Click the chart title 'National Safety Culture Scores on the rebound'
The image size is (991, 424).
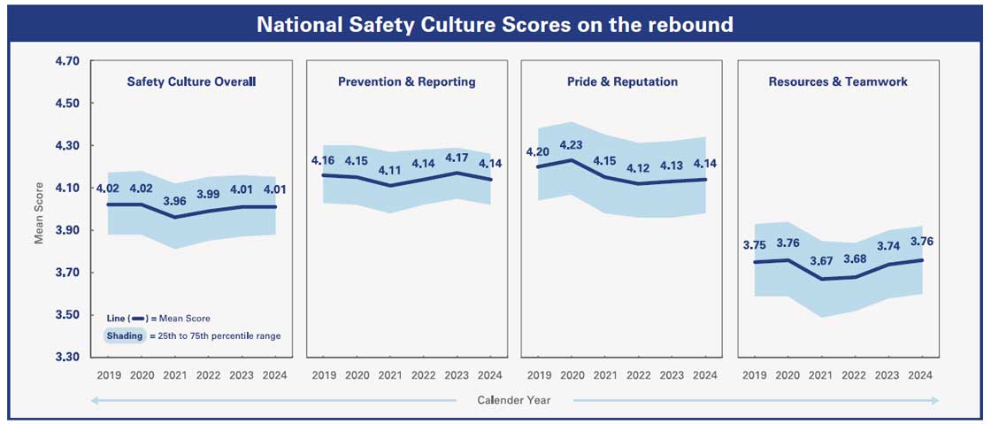pos(495,24)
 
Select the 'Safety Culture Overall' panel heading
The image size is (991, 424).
pos(191,81)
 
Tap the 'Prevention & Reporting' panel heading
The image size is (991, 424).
pos(406,81)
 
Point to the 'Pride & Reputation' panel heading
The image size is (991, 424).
pos(622,81)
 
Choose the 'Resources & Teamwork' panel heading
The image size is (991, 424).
pos(838,81)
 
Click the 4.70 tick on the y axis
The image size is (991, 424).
pos(67,61)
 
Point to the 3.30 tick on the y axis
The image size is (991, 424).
pos(67,357)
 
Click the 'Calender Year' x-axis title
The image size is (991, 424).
pos(514,400)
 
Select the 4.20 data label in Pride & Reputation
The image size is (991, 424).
pos(538,152)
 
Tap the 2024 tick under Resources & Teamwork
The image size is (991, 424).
pos(921,375)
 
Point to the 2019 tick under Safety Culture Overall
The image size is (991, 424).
pos(108,375)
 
